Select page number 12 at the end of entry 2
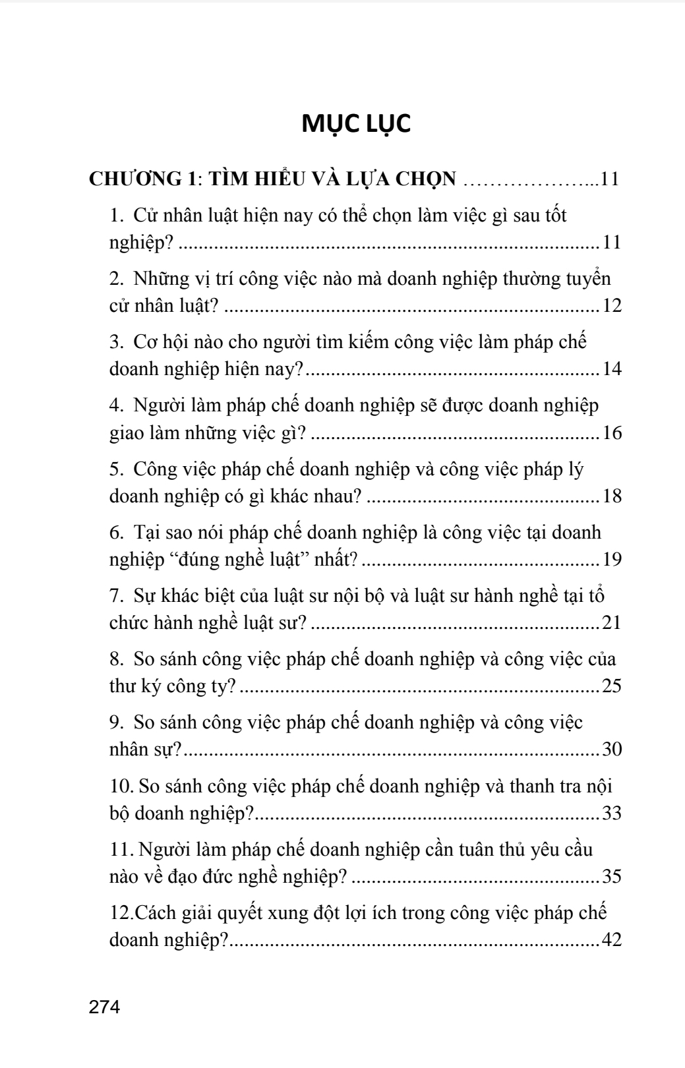611,307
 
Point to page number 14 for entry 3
611,369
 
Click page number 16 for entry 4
611,433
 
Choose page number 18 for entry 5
611,496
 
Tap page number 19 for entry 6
611,560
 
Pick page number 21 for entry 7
611,622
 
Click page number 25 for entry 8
611,686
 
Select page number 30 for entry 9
611,750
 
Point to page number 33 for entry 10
611,814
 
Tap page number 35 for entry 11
611,877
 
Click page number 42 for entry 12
611,940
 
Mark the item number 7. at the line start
116,596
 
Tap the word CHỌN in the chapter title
426,179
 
